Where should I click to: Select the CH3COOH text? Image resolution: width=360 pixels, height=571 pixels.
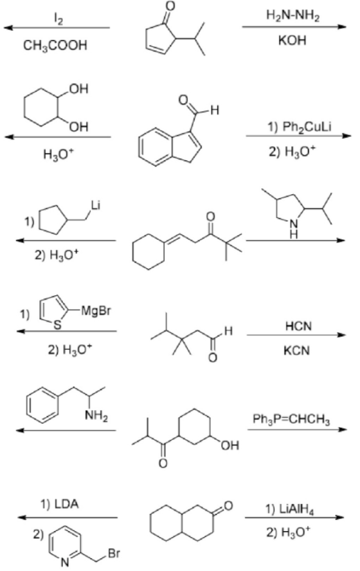(x=55, y=46)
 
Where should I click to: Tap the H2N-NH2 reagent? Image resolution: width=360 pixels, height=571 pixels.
(x=293, y=15)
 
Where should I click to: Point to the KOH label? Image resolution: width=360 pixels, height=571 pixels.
(x=292, y=40)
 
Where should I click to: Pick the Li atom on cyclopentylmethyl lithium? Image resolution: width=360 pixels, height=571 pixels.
(x=95, y=205)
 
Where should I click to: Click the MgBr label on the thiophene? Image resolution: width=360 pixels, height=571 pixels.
(x=96, y=311)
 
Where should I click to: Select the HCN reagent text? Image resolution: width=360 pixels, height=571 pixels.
(x=298, y=326)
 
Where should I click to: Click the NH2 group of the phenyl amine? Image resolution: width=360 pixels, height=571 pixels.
(x=96, y=415)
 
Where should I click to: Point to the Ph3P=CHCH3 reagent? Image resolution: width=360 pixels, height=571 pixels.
(x=291, y=419)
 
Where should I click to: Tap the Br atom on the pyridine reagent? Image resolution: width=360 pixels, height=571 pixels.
(x=114, y=554)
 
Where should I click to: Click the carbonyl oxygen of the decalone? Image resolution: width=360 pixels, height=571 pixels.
(x=228, y=506)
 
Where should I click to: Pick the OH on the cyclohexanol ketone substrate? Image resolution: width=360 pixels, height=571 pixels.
(x=230, y=445)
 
